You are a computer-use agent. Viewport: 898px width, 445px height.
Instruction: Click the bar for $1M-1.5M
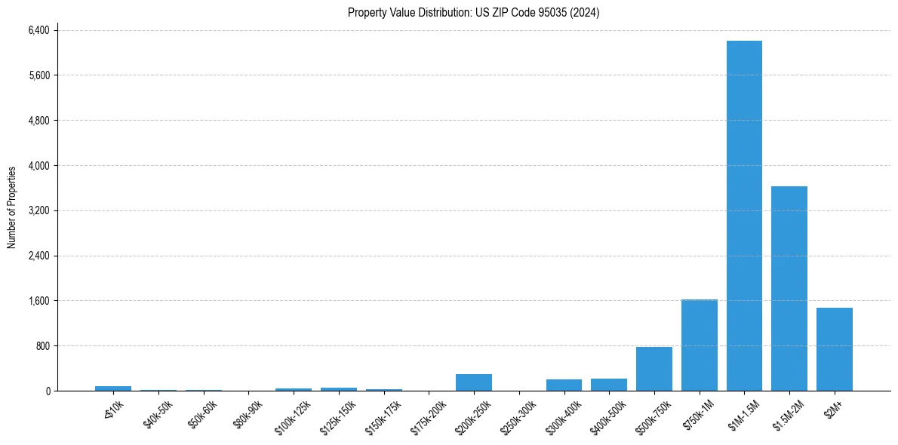pyautogui.click(x=744, y=216)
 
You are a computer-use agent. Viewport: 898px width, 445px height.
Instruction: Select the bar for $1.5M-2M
pyautogui.click(x=789, y=288)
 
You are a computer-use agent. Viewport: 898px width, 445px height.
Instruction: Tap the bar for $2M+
pyautogui.click(x=834, y=349)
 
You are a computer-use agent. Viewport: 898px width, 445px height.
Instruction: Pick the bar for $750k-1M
pyautogui.click(x=699, y=345)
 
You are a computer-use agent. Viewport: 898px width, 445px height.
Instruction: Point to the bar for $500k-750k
pyautogui.click(x=654, y=369)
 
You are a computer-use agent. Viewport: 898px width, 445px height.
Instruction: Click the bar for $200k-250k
pyautogui.click(x=474, y=382)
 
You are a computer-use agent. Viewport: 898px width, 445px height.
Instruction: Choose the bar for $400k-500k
pyautogui.click(x=609, y=385)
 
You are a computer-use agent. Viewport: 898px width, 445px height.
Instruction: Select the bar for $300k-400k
pyautogui.click(x=564, y=385)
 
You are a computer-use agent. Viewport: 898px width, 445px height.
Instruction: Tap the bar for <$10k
pyautogui.click(x=113, y=388)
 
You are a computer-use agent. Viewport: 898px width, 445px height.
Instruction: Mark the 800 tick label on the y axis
pyautogui.click(x=43, y=346)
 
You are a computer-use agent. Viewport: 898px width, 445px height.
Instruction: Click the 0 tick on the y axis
pyautogui.click(x=48, y=391)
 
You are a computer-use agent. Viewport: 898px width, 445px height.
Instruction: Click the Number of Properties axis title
pyautogui.click(x=11, y=207)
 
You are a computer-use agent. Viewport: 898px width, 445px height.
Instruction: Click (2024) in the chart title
pyautogui.click(x=586, y=13)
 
